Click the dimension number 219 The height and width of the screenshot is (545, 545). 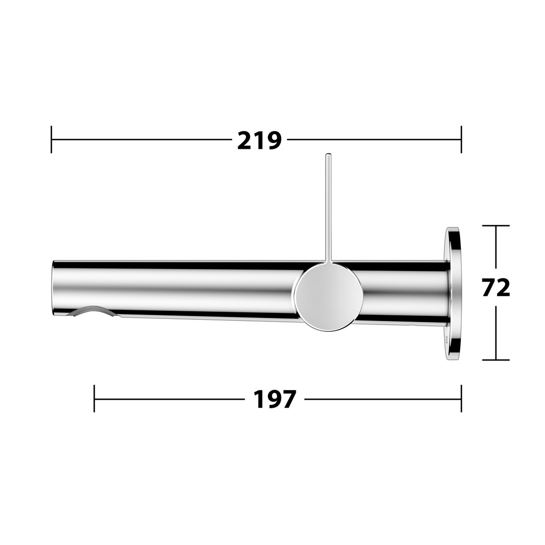click(x=259, y=140)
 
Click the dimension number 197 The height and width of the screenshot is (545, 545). click(x=275, y=399)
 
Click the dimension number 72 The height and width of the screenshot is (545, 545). click(x=496, y=288)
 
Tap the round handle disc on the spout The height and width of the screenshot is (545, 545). click(x=327, y=296)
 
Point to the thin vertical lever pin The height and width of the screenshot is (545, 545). click(x=328, y=207)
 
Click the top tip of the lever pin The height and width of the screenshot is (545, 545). click(x=328, y=153)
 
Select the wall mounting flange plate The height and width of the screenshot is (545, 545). click(x=453, y=294)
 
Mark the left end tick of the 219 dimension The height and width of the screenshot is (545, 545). click(x=51, y=139)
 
